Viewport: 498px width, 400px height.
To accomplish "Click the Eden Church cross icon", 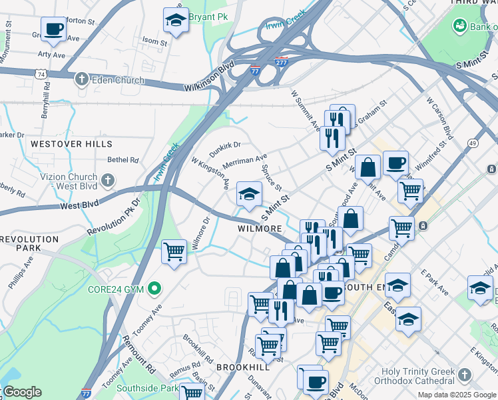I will click(82, 80).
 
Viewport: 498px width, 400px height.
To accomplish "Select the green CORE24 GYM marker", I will click(155, 289).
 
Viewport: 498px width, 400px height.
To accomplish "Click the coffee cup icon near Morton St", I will click(53, 29).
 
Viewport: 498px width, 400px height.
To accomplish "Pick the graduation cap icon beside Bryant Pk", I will click(176, 20).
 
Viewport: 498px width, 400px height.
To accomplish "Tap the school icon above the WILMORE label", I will click(249, 194).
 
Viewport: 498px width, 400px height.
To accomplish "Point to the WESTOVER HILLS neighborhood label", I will click(71, 144).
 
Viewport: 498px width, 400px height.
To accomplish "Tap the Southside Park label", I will click(147, 388).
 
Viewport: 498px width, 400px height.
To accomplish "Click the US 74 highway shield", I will click(42, 75).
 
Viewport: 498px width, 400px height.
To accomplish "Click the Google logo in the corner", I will click(22, 392).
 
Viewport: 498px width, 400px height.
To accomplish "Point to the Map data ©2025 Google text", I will click(456, 395).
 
